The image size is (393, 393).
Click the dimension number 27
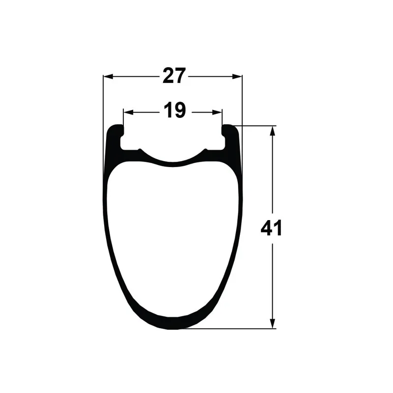174,76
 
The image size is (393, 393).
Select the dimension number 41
272,228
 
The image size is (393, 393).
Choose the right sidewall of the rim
240,206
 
